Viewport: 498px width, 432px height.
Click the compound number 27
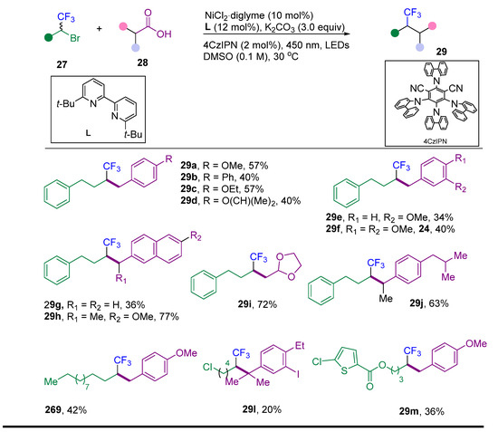(x=62, y=64)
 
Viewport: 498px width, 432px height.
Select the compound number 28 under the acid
(x=142, y=62)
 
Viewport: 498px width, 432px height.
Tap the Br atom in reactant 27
(x=75, y=38)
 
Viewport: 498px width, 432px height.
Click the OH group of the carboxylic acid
(x=164, y=34)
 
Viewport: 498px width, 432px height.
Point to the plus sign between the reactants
(x=100, y=29)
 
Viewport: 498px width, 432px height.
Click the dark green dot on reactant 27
(x=48, y=38)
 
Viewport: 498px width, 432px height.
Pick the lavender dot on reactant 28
(x=136, y=48)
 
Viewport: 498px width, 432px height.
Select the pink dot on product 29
(x=432, y=25)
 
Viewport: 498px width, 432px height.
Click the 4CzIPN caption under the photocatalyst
(x=435, y=141)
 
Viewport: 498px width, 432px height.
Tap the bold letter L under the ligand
(x=88, y=133)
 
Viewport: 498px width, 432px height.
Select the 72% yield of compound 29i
(x=267, y=304)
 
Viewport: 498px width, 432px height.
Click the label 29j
(x=417, y=303)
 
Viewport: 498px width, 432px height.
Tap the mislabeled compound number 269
(x=53, y=409)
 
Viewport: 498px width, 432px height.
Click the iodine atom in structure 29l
(x=298, y=375)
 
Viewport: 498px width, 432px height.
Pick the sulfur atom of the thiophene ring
(x=344, y=370)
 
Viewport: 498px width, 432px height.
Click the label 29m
(x=408, y=411)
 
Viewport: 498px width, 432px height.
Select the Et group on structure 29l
(x=300, y=346)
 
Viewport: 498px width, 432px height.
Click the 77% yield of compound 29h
(x=168, y=316)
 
